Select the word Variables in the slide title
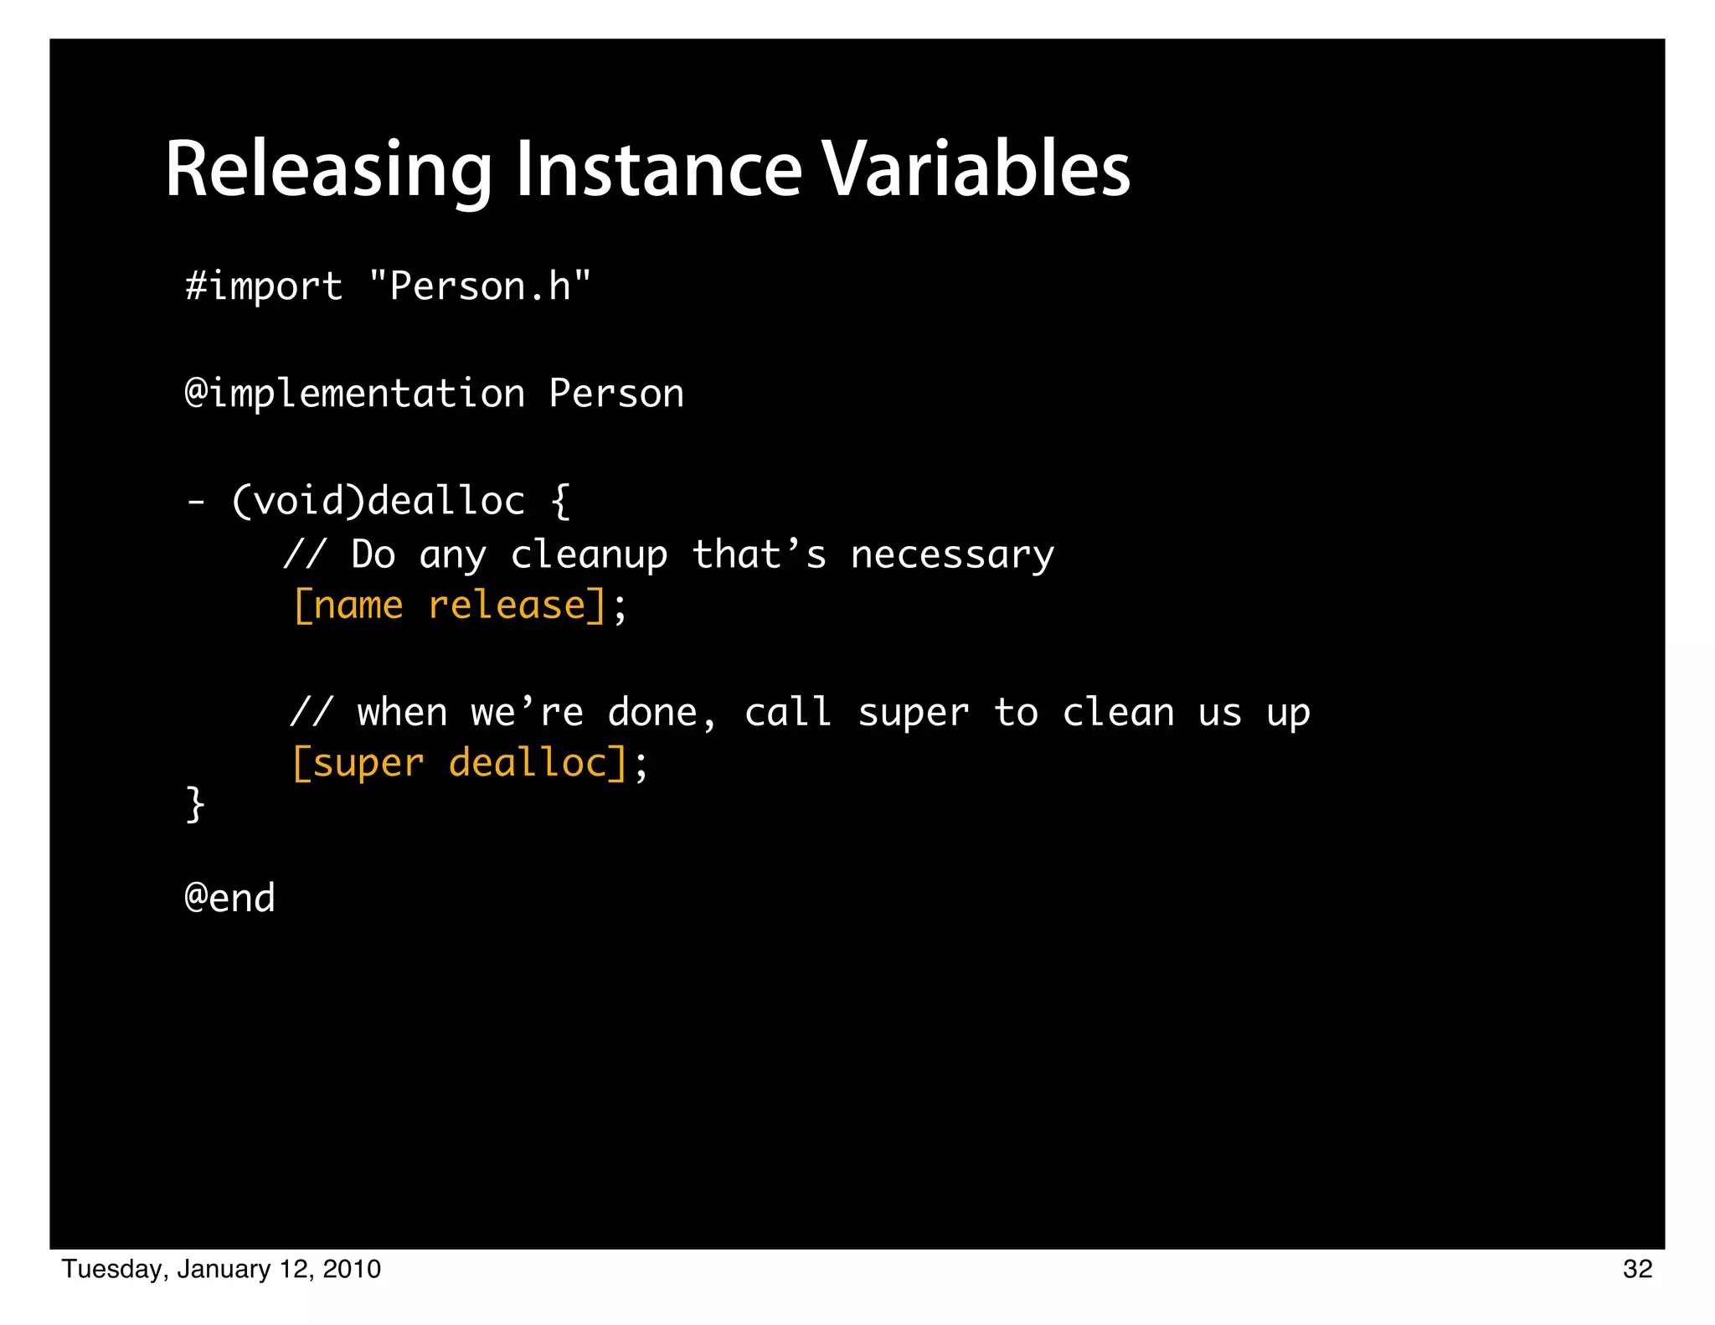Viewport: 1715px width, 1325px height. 976,170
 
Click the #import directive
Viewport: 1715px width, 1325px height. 264,287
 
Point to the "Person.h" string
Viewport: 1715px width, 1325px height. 480,287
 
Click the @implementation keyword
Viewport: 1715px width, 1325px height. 355,394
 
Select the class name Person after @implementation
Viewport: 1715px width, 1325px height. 616,394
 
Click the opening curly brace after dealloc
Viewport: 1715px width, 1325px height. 561,501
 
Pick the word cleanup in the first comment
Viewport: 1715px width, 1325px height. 590,555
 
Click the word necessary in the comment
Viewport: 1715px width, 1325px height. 952,555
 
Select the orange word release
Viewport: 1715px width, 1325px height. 507,606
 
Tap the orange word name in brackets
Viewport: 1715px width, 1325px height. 358,606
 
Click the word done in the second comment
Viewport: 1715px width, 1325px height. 653,713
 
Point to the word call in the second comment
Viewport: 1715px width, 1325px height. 787,713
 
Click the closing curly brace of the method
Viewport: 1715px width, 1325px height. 195,805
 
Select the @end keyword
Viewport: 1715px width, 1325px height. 229,899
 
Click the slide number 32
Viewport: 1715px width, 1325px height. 1637,1269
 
